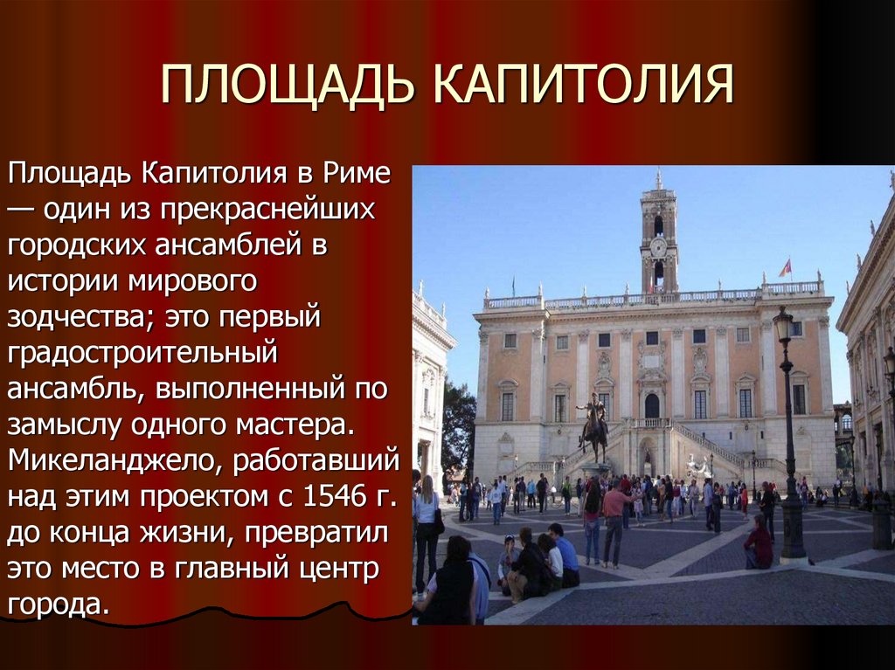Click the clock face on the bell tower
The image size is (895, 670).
click(658, 248)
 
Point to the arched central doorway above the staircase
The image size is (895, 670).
click(652, 405)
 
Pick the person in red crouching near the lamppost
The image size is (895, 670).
click(757, 543)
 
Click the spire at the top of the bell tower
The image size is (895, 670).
click(658, 180)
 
